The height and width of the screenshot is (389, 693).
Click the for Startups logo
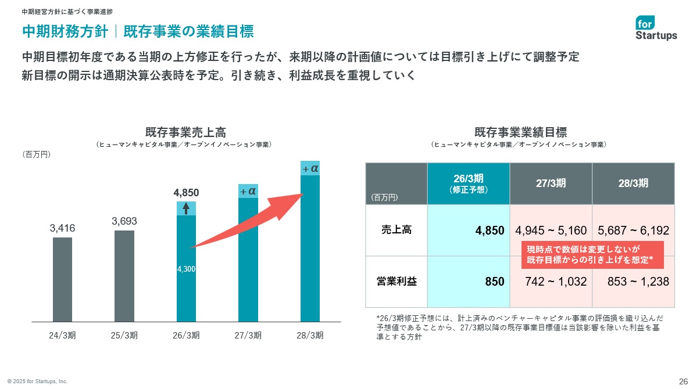click(656, 28)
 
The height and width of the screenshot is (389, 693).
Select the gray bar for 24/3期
click(62, 279)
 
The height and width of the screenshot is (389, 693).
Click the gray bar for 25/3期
click(124, 276)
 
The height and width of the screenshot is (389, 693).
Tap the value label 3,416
click(62, 228)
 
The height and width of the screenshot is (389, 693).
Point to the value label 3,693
click(124, 221)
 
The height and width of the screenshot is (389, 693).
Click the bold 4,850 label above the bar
click(186, 192)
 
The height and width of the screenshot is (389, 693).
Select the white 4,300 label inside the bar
click(186, 269)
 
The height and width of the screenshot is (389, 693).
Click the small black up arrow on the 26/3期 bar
click(186, 208)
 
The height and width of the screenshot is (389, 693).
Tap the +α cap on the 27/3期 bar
click(248, 191)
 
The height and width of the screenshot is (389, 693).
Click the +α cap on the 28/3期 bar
click(310, 168)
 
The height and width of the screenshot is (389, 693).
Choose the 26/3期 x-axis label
click(186, 335)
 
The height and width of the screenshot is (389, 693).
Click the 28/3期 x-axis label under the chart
click(310, 335)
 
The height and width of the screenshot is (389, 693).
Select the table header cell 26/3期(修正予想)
click(468, 183)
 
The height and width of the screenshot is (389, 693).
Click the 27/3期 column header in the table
click(551, 183)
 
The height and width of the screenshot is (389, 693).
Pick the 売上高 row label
click(396, 230)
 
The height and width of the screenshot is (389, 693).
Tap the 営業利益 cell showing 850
click(494, 282)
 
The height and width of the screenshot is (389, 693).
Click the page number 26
click(683, 381)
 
